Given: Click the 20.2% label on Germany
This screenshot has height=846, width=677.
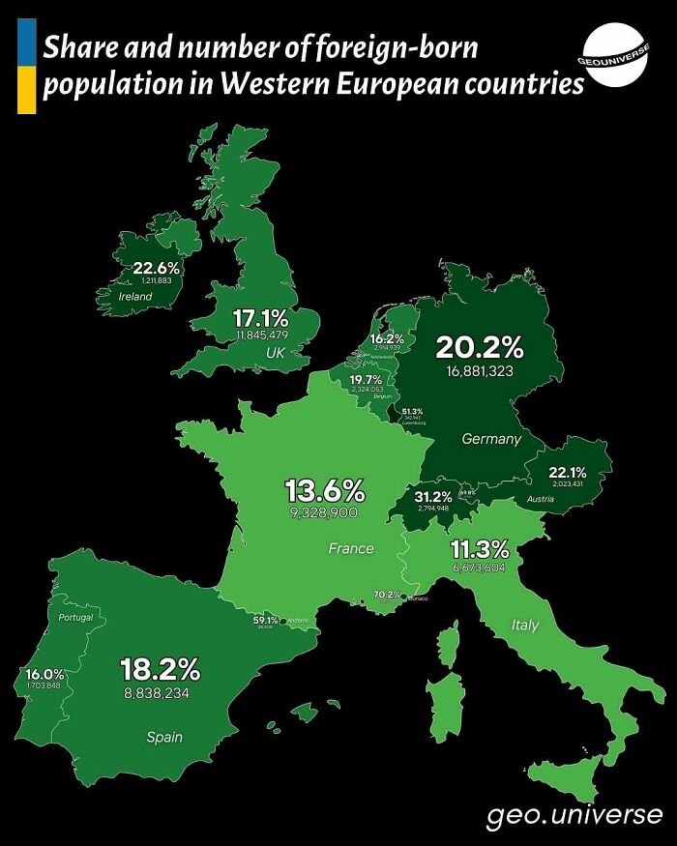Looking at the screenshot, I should tap(479, 347).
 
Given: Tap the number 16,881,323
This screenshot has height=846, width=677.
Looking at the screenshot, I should tap(480, 370).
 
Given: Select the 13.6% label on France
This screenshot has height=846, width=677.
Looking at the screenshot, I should tap(324, 489).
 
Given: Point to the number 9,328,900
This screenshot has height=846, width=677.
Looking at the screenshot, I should tap(324, 511).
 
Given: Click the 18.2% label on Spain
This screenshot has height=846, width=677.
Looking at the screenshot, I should tap(160, 668).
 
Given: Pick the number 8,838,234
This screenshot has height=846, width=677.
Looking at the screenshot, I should tap(162, 692).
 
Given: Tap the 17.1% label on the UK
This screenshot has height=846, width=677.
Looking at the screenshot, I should tap(261, 317).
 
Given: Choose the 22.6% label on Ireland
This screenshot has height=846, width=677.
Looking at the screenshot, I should tap(156, 268).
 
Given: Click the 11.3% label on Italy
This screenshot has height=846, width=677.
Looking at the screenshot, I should tap(480, 549).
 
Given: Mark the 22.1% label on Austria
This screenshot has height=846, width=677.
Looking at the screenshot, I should tap(568, 472).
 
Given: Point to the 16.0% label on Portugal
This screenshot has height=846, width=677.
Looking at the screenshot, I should tap(44, 674).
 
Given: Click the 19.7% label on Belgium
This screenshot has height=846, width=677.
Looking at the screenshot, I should tap(367, 379).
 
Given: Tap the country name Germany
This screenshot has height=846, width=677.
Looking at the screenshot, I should tap(491, 439).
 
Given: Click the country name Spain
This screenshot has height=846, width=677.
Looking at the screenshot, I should tap(164, 737).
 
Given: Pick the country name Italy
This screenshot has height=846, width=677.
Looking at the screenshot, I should tap(525, 626).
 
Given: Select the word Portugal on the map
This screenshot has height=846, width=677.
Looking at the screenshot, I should tap(75, 617).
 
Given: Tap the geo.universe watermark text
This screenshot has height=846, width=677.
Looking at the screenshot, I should tap(574, 815).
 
